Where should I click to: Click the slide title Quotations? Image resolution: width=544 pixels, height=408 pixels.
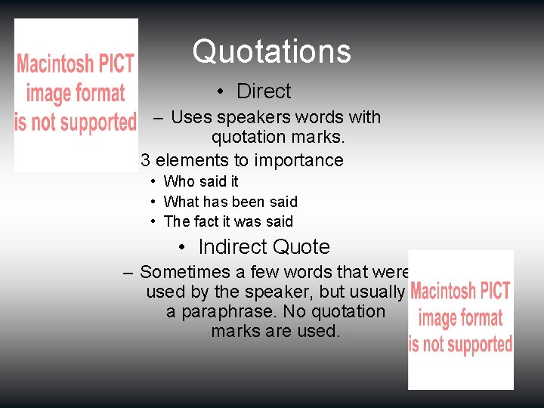click(x=271, y=51)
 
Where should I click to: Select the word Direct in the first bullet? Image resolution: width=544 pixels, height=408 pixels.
click(x=264, y=91)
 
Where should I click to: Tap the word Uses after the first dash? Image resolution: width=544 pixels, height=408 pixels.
click(x=191, y=117)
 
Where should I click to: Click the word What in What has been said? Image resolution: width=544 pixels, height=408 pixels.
click(x=181, y=202)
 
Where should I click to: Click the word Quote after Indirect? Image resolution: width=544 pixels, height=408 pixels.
click(x=301, y=247)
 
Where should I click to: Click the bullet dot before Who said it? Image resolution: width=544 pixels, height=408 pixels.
click(x=153, y=181)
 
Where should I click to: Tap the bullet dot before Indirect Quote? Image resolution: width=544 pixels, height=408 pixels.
click(x=183, y=247)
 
